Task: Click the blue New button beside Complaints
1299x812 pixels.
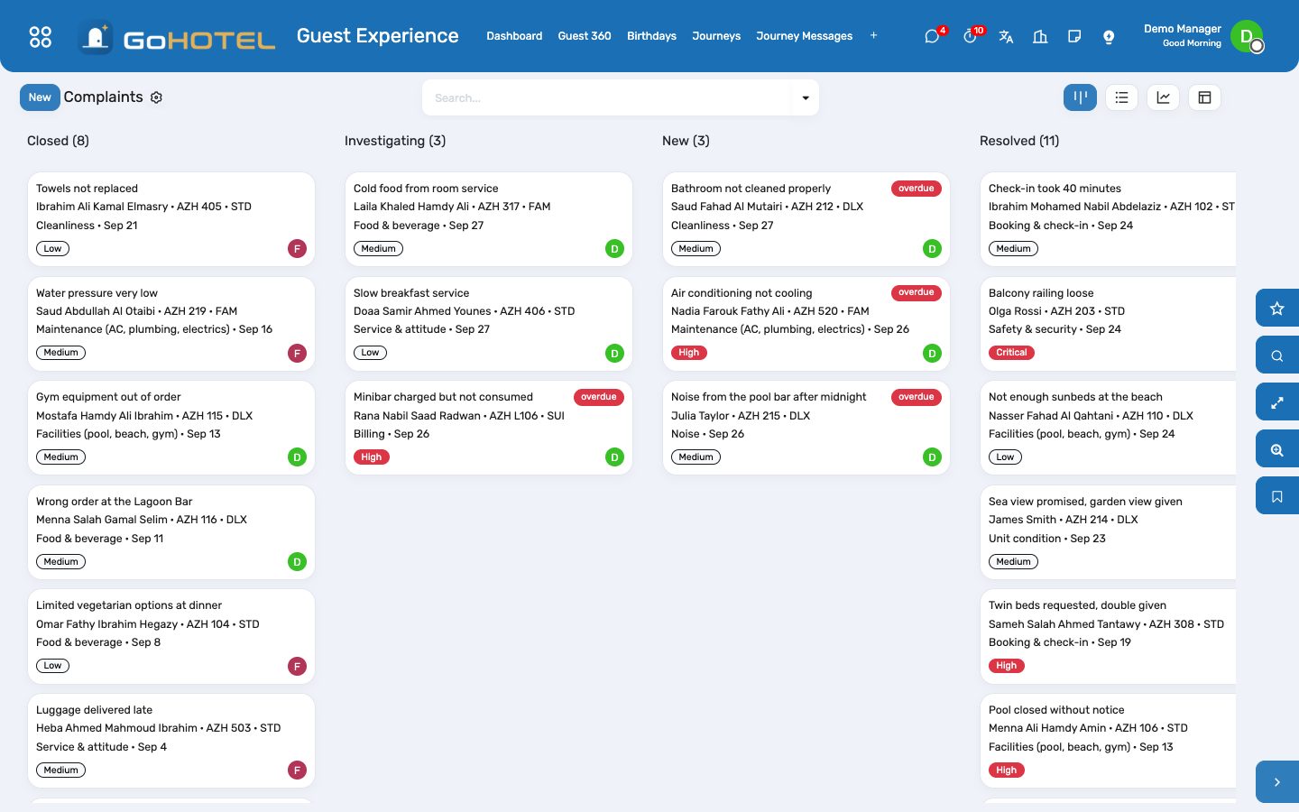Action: click(x=40, y=97)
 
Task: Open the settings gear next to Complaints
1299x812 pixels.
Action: click(x=156, y=97)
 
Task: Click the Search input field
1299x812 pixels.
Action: click(x=608, y=98)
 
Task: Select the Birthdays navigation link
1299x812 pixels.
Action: click(x=651, y=36)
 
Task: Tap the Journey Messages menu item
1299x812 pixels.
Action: click(x=804, y=36)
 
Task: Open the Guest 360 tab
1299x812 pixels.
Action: click(x=584, y=36)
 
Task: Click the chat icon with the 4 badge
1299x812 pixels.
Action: click(x=932, y=36)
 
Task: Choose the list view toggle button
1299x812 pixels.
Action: click(x=1121, y=97)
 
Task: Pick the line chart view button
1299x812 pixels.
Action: click(x=1163, y=97)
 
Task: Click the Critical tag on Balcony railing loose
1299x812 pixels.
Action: click(x=1010, y=353)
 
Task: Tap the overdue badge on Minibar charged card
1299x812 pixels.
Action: click(x=598, y=397)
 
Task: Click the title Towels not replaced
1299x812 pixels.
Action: click(x=87, y=189)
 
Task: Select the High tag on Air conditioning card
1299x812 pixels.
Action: click(x=688, y=353)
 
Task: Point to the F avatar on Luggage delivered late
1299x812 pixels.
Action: click(x=297, y=770)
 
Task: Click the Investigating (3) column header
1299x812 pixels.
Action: click(x=395, y=141)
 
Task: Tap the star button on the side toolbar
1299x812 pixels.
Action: click(x=1276, y=308)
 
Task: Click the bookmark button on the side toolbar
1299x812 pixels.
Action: click(x=1276, y=496)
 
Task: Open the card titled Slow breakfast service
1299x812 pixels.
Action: click(x=488, y=324)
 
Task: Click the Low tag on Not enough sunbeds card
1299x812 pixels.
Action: click(x=1005, y=457)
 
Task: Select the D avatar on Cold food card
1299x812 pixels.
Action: click(x=614, y=249)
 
